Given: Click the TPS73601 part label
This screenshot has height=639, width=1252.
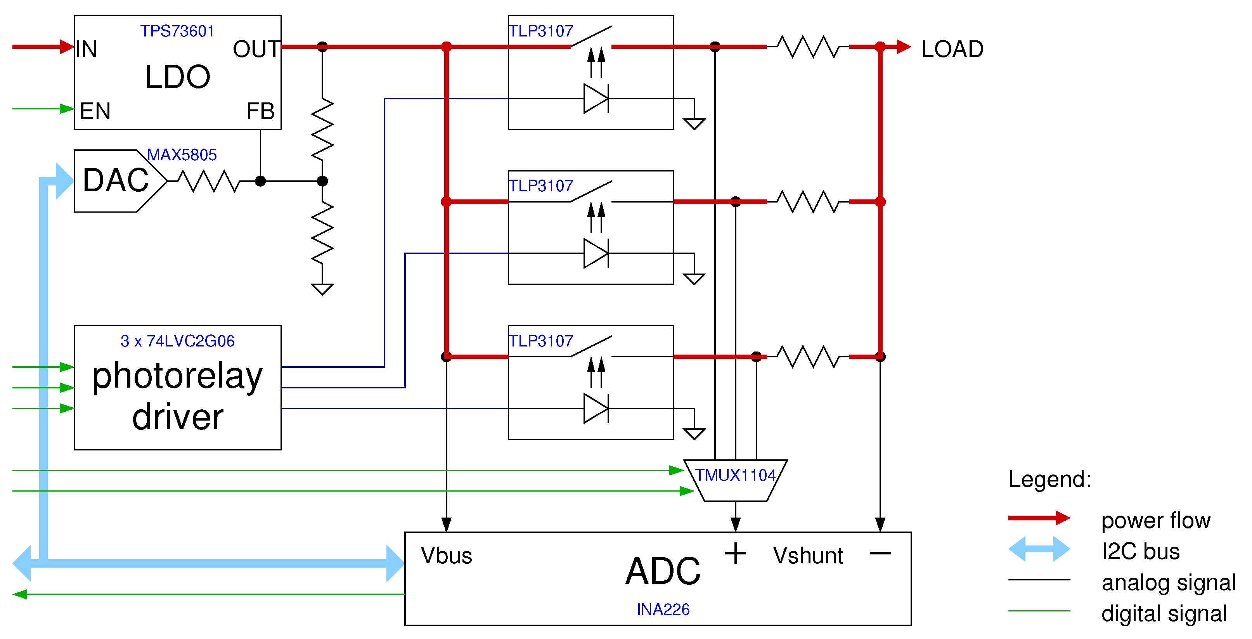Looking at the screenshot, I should [177, 31].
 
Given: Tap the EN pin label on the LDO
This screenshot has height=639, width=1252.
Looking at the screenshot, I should [95, 111].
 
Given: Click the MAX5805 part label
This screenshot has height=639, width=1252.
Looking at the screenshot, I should [182, 155].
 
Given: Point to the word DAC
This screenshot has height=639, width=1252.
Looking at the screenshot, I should [116, 180].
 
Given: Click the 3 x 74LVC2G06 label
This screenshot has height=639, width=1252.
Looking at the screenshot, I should [177, 341].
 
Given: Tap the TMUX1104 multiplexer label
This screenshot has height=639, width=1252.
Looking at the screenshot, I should [735, 475].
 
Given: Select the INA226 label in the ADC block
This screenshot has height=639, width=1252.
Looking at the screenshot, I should [663, 610].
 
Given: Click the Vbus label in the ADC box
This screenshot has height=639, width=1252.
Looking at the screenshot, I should [446, 556].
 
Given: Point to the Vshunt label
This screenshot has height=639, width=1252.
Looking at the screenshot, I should [808, 556].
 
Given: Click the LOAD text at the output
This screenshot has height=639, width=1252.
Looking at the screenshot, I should [952, 49].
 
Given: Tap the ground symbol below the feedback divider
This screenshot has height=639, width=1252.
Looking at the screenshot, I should [322, 289].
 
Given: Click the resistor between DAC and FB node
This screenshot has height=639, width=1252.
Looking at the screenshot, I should [209, 181].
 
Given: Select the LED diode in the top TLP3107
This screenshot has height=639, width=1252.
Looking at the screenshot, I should [596, 99].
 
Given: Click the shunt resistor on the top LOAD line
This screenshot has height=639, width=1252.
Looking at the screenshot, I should [808, 47].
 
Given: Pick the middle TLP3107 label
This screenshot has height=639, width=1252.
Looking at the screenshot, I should [541, 186].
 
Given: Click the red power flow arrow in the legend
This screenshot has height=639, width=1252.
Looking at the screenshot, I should [1039, 518].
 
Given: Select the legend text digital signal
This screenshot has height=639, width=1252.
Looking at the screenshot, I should [1164, 614].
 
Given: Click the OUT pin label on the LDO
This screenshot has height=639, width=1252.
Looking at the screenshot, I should [256, 49].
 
